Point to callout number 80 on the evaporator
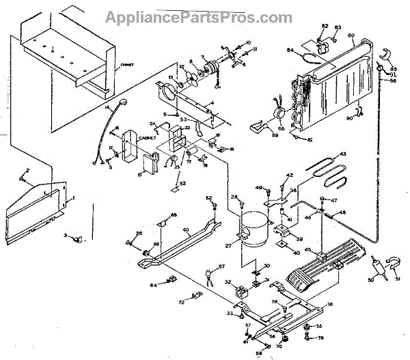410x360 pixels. pos(351,36)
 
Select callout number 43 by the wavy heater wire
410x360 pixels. pos(342,154)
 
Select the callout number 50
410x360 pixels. pos(372,280)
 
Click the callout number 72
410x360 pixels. pos(181,301)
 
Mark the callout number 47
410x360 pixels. pos(335,200)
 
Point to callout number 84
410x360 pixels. pos(290,50)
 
